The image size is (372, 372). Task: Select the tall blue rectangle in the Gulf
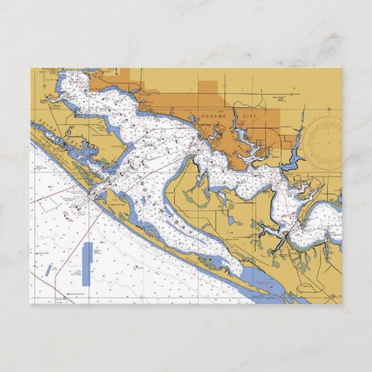[86, 263]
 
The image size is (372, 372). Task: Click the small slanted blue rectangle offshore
[48, 270]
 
